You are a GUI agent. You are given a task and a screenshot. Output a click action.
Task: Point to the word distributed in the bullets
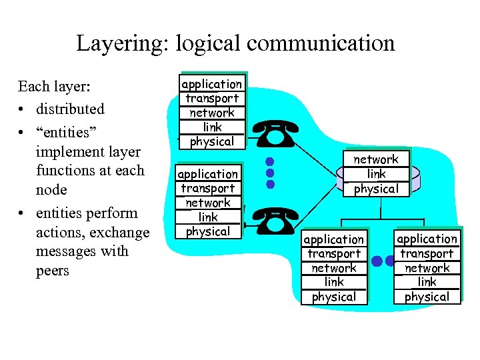click(x=70, y=109)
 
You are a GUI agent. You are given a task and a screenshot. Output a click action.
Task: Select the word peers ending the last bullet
click(x=52, y=271)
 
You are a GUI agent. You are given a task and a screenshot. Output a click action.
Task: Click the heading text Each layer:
click(x=55, y=87)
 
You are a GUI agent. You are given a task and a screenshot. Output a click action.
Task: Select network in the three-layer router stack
click(x=376, y=159)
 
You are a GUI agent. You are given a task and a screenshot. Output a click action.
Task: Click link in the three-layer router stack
click(x=376, y=174)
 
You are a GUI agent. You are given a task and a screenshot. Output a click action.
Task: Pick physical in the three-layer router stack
click(x=376, y=189)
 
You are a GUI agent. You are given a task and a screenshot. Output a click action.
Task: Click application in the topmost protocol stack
click(x=212, y=84)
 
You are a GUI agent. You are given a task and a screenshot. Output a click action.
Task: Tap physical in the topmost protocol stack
click(x=212, y=141)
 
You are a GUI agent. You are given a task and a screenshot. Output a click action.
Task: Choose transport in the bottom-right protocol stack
click(x=427, y=253)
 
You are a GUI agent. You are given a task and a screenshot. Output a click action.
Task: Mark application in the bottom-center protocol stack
click(x=334, y=239)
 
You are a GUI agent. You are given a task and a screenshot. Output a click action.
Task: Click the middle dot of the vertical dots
click(x=270, y=173)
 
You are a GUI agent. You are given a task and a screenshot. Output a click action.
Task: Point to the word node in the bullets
click(x=51, y=190)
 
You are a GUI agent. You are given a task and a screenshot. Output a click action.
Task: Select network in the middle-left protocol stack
click(x=208, y=203)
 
